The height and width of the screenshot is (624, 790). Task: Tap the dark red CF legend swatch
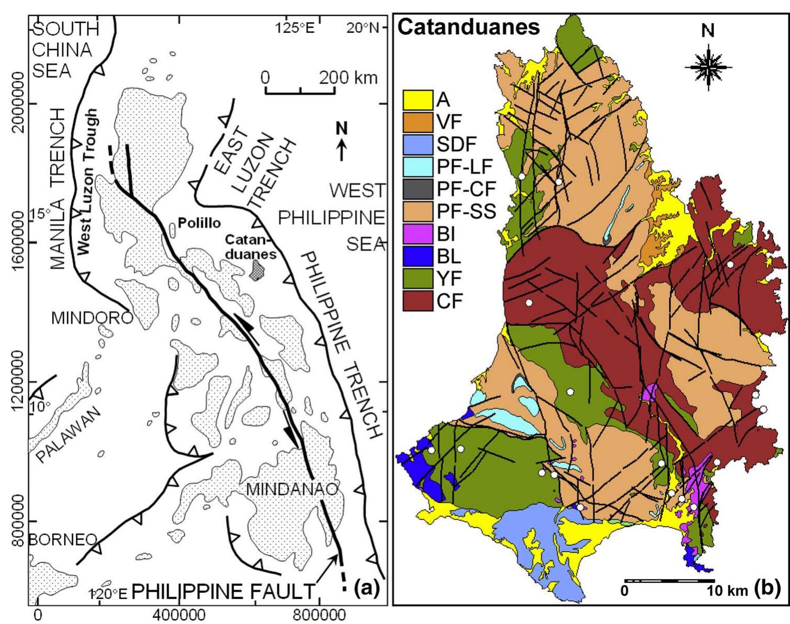click(418, 301)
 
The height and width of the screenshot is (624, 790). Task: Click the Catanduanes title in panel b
click(469, 28)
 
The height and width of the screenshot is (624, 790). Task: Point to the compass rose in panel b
click(708, 67)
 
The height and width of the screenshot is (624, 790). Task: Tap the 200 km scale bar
click(300, 92)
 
